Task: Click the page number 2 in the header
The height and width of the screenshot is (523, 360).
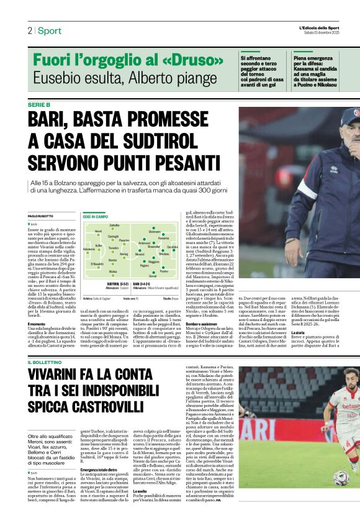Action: coord(29,30)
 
